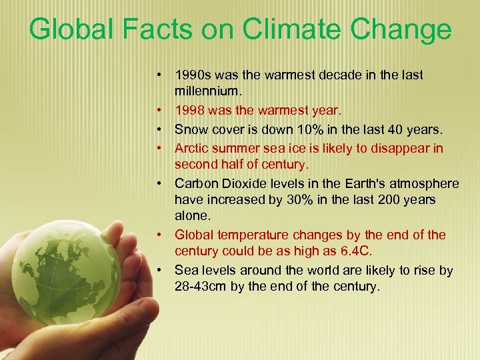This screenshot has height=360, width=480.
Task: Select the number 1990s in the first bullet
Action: tap(193, 75)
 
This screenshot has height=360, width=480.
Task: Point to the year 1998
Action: tap(189, 110)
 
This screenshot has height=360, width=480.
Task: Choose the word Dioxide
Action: tap(247, 183)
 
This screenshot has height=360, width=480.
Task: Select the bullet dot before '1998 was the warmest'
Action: tap(161, 111)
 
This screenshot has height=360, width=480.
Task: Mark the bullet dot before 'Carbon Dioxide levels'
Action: tap(161, 183)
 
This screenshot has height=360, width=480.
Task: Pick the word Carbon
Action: tap(195, 183)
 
